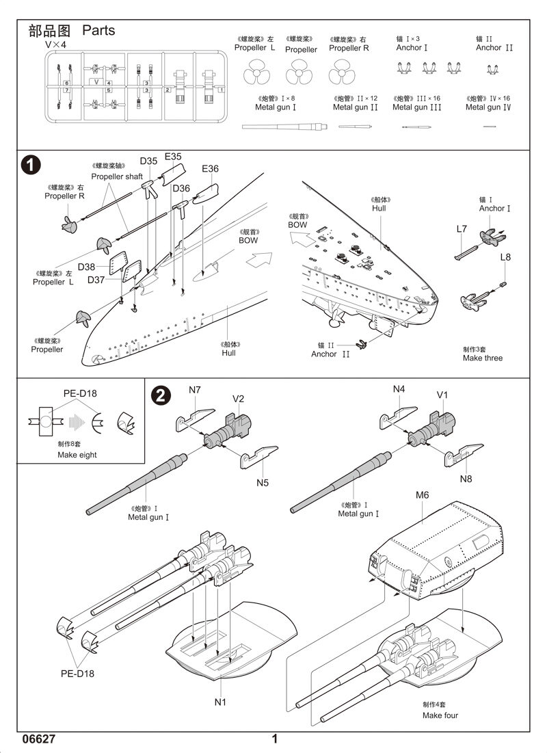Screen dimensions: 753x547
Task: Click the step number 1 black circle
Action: tap(31, 166)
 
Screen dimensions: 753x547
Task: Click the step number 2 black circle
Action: tap(159, 395)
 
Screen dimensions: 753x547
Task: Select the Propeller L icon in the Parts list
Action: tap(254, 70)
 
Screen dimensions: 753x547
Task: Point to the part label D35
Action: tap(148, 161)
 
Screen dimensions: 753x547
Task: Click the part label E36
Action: tap(210, 168)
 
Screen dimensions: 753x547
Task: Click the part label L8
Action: tap(505, 257)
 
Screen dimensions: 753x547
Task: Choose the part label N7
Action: tap(195, 390)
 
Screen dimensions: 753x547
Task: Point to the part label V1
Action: tap(442, 395)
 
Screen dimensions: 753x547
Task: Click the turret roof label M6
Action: tap(422, 494)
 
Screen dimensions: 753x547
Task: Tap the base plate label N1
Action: tap(220, 701)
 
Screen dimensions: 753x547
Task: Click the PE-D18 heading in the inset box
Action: tap(80, 393)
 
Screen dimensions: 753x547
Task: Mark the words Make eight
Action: tap(77, 455)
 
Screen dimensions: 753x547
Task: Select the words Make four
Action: tap(440, 715)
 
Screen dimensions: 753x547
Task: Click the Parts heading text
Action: tap(98, 30)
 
